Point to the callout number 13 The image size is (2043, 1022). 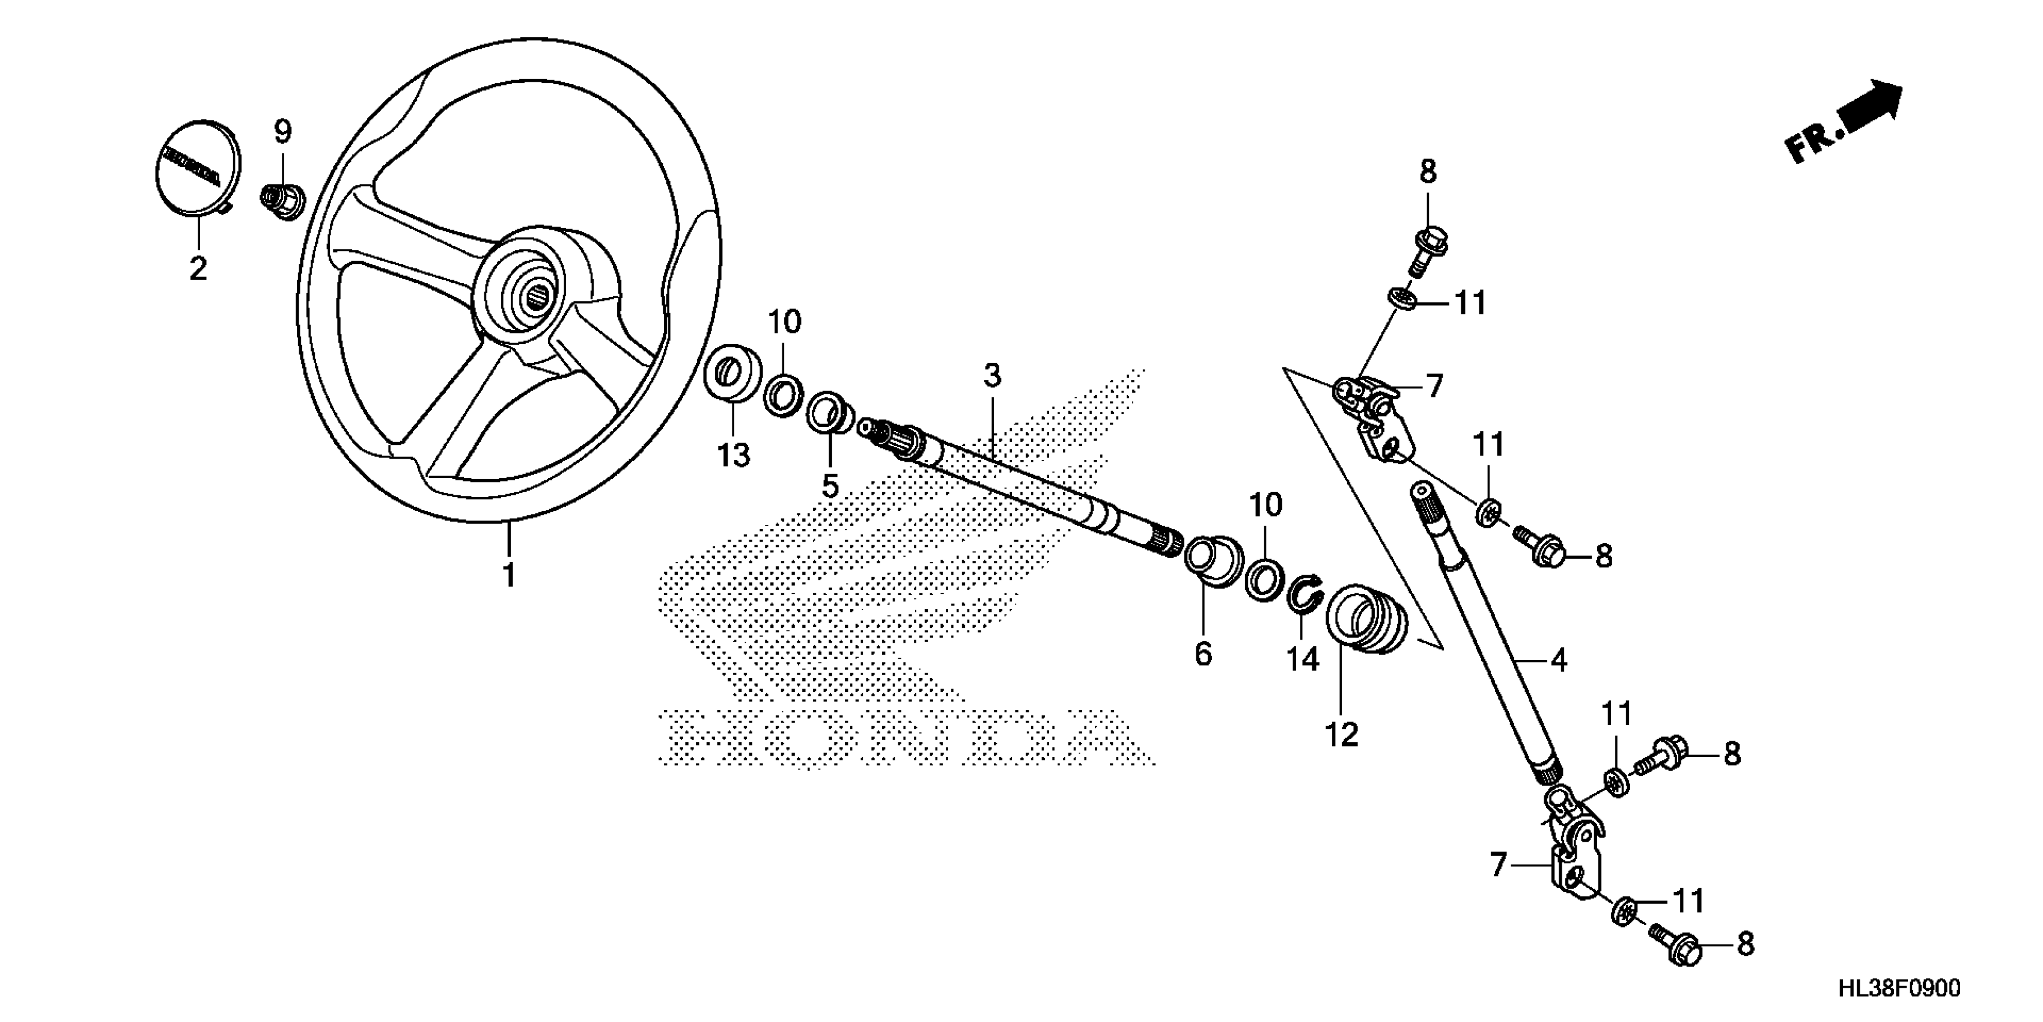(x=734, y=456)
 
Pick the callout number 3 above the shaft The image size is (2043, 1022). (x=992, y=375)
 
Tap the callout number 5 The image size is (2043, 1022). (x=830, y=486)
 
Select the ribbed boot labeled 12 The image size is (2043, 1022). (x=1365, y=620)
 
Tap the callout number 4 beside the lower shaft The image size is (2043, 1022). (x=1559, y=659)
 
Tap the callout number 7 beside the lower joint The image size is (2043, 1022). (x=1497, y=864)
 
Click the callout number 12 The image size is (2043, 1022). (x=1342, y=735)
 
